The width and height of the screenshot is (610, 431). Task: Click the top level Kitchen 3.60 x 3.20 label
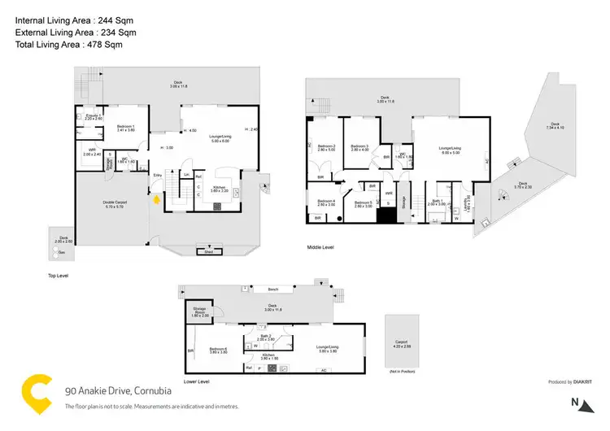pos(219,189)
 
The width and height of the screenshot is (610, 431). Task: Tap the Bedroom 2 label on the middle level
pos(327,148)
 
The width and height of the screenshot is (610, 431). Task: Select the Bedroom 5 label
pos(363,203)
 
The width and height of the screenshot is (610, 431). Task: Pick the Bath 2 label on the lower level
pos(267,337)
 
